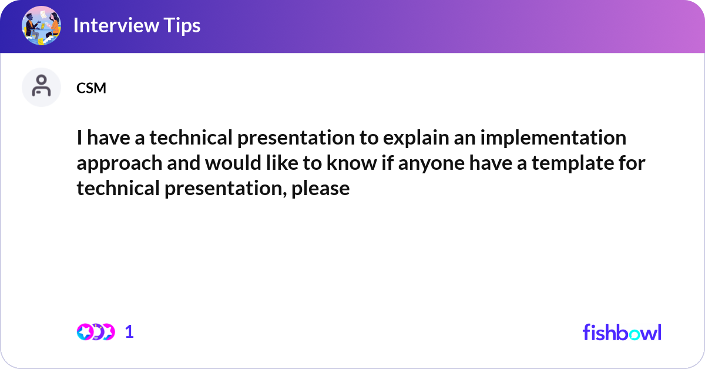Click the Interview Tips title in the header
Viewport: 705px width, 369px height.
point(136,25)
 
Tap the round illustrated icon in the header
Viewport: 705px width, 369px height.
point(42,25)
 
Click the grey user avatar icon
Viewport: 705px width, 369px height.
point(41,87)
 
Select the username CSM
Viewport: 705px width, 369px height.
point(91,88)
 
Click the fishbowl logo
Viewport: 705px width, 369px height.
point(622,332)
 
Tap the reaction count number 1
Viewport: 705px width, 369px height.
point(129,332)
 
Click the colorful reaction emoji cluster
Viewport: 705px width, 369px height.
point(96,332)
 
